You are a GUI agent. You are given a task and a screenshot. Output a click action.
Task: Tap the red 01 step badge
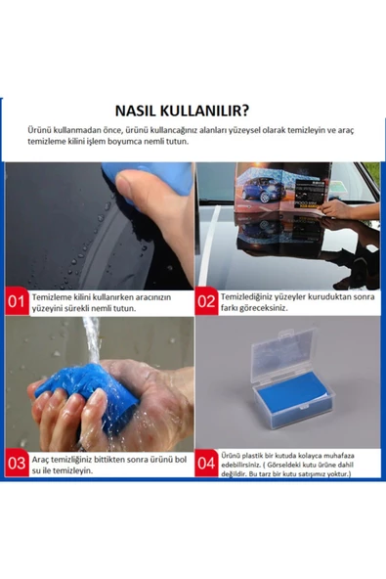click(x=17, y=300)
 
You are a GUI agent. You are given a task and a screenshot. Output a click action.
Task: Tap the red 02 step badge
click(x=206, y=300)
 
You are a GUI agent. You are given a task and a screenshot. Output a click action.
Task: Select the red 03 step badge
click(x=17, y=461)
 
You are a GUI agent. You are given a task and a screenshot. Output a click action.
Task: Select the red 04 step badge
click(x=206, y=461)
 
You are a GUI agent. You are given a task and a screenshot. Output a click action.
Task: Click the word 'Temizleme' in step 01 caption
click(x=55, y=295)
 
